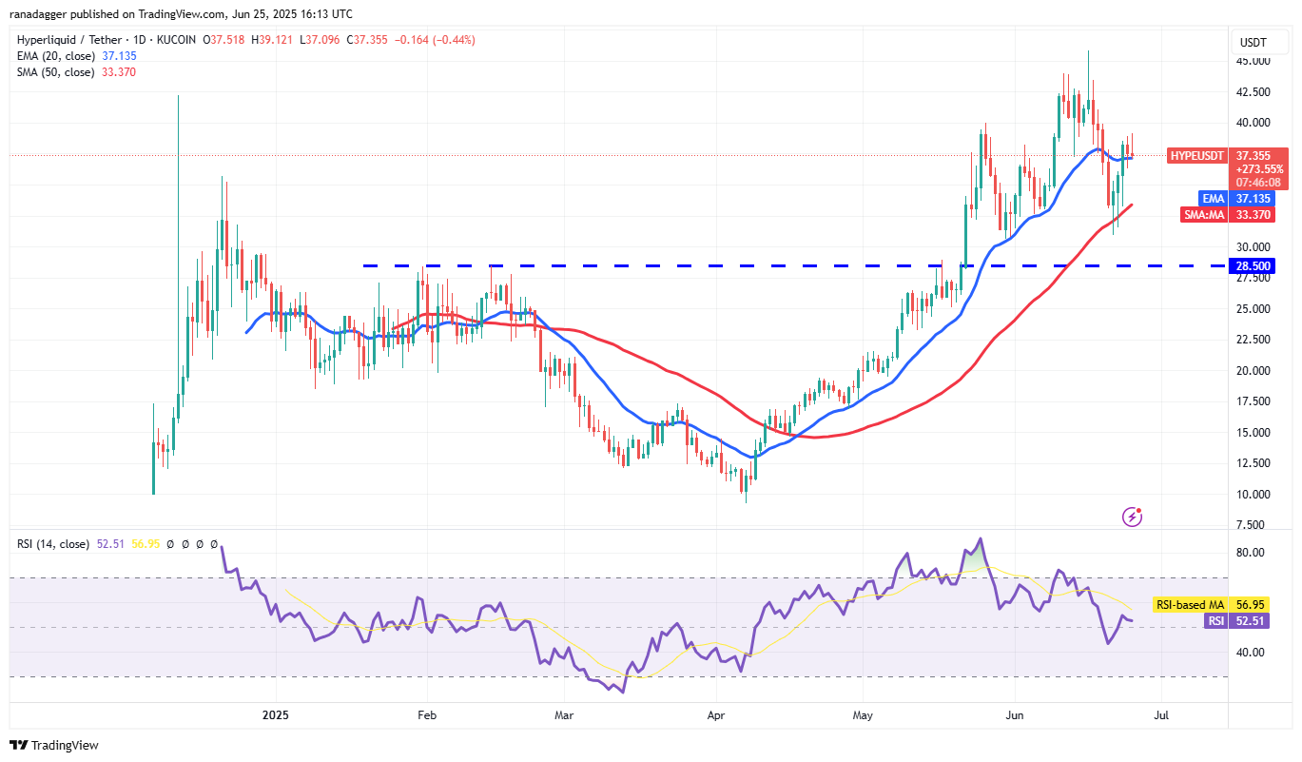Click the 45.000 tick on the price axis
(1253, 61)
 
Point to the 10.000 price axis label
(1253, 494)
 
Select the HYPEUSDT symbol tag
(1195, 155)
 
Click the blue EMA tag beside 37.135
(1212, 199)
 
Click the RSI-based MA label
(1189, 604)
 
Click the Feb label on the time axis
(426, 713)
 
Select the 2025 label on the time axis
(275, 713)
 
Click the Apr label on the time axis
(715, 713)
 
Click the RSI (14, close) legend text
(53, 544)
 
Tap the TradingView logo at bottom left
(54, 745)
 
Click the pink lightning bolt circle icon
(1132, 517)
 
